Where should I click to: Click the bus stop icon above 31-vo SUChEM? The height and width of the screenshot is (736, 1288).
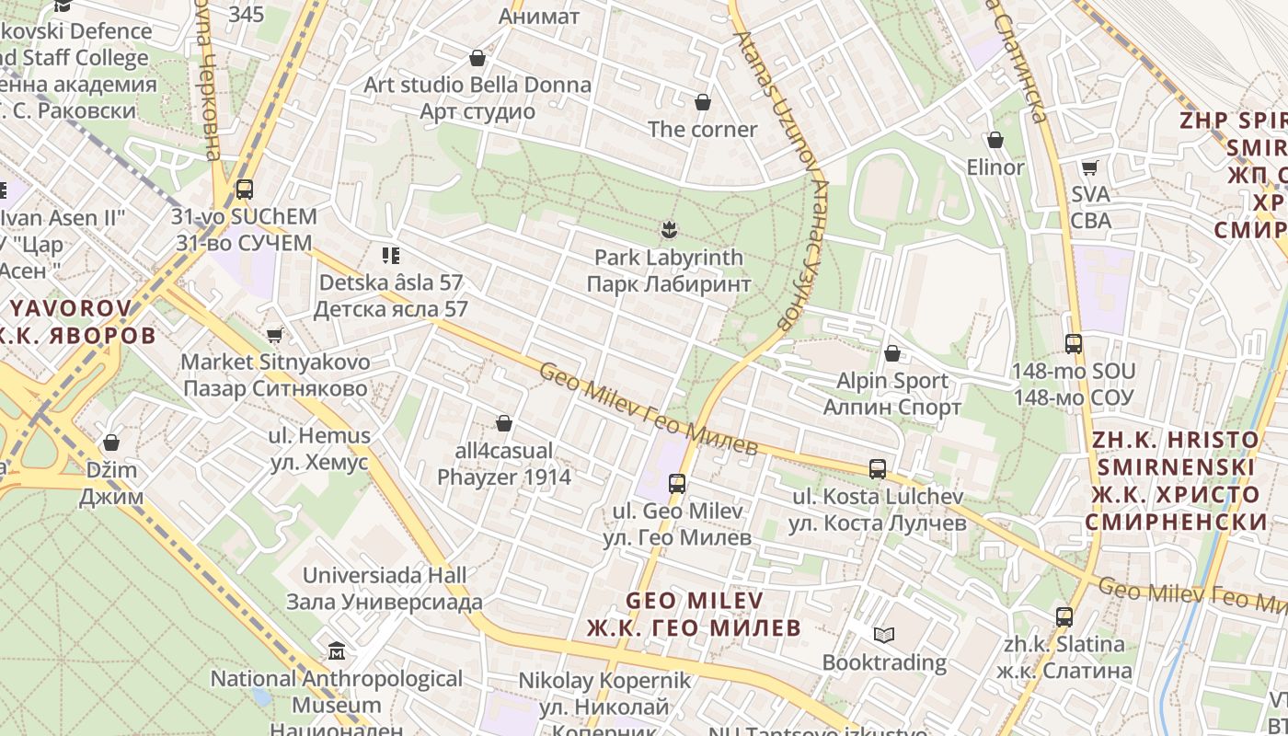[x=244, y=190]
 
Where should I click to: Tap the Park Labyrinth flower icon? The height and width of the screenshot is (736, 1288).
[x=669, y=228]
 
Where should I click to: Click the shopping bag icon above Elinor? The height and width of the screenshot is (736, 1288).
[x=995, y=140]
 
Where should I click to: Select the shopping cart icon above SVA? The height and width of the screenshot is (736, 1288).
[x=1090, y=167]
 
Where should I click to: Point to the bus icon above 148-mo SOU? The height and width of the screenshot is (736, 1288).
[x=1073, y=343]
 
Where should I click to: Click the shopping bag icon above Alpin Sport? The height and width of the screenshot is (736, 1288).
[x=891, y=352]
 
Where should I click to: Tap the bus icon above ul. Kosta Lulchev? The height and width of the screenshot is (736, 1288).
[x=878, y=468]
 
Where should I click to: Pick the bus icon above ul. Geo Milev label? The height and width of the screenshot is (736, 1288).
[x=677, y=482]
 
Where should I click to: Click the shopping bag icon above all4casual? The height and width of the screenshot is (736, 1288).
[x=503, y=423]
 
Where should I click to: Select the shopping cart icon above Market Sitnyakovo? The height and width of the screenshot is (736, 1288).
[x=274, y=335]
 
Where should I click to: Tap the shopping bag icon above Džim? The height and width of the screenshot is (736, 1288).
[x=111, y=443]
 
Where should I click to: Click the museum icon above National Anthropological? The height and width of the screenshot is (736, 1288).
[x=337, y=651]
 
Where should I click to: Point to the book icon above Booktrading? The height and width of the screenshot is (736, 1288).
[x=883, y=635]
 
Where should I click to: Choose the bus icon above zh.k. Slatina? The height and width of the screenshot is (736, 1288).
[x=1064, y=616]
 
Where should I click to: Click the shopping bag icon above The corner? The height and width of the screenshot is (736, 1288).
[x=703, y=101]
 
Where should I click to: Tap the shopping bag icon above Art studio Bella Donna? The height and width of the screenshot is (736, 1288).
[x=477, y=58]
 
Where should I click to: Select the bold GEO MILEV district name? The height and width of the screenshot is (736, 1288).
[x=695, y=600]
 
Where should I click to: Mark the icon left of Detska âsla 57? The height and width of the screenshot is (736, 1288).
[x=390, y=255]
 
